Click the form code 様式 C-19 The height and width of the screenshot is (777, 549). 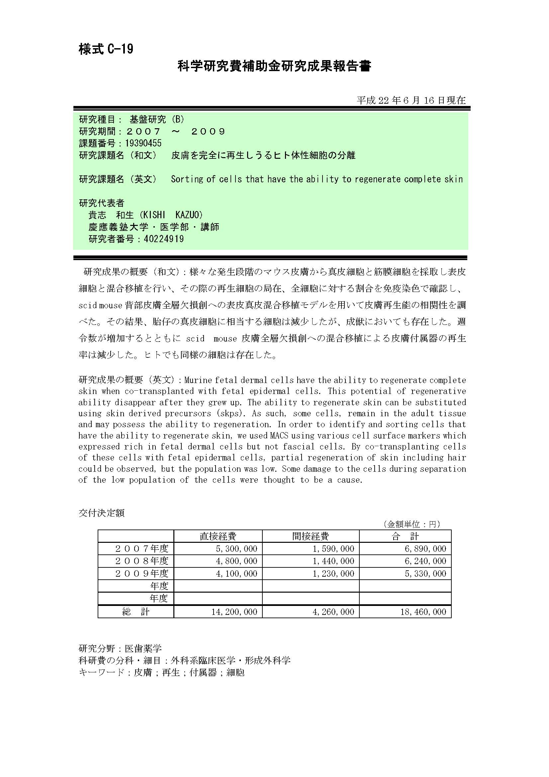coord(106,49)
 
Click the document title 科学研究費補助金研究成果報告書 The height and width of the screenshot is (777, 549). coord(274,66)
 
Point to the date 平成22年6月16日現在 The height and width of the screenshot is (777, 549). coord(411,100)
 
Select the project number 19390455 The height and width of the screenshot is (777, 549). coord(143,143)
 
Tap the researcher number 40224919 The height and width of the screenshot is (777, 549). coord(164,239)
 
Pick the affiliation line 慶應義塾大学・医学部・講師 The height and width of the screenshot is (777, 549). coord(153,227)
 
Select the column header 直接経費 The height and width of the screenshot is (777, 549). coord(218,536)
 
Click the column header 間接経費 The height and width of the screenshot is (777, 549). coord(311,536)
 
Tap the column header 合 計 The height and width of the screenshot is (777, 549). coord(405,536)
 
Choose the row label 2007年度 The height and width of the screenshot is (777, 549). coord(142,548)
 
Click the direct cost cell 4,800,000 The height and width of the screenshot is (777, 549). coord(236,561)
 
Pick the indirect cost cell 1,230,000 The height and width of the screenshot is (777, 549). coord(333,573)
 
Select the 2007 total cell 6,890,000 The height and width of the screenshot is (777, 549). coord(425,548)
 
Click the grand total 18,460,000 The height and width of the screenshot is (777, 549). coord(423,612)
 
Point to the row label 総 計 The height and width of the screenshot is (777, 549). coord(136,612)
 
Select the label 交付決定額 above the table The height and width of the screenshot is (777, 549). coord(102,513)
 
